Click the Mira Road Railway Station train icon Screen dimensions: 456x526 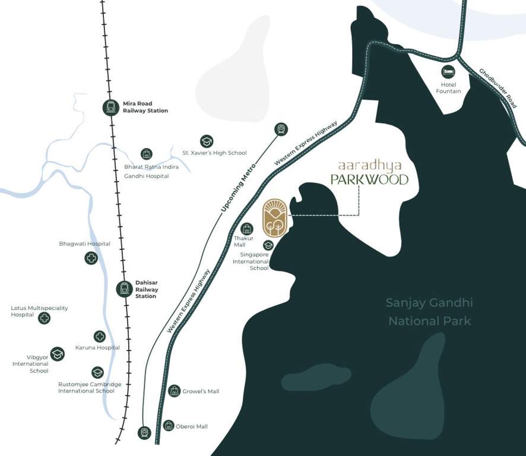click(110, 107)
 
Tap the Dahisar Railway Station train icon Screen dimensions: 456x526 click(124, 289)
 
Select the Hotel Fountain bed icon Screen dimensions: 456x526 click(448, 72)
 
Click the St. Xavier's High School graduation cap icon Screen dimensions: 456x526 click(207, 141)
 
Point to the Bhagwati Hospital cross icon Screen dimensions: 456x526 click(91, 258)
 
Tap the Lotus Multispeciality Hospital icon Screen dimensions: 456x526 click(44, 318)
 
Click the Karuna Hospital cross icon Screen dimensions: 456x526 click(100, 337)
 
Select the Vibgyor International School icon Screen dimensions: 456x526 click(57, 354)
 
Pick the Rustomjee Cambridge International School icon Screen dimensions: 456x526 click(97, 372)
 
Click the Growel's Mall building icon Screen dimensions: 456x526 click(174, 391)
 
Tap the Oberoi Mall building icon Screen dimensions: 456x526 click(169, 425)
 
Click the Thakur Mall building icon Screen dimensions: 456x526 click(247, 229)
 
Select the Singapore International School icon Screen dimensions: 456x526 click(268, 245)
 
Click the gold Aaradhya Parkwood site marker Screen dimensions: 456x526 click(275, 218)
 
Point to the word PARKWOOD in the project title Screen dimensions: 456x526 click(369, 179)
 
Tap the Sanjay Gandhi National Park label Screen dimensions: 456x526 click(429, 312)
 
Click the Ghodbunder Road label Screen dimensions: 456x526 click(498, 88)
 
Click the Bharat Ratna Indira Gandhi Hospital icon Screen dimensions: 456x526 click(147, 154)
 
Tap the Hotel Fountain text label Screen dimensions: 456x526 click(448, 88)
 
